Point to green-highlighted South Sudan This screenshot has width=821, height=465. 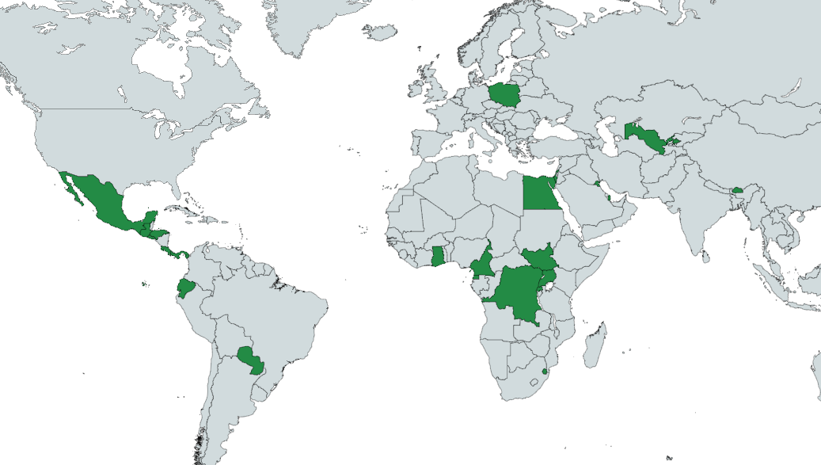coord(538,258)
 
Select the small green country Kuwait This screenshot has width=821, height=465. coord(595,185)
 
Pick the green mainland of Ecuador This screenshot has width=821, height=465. coord(186,287)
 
